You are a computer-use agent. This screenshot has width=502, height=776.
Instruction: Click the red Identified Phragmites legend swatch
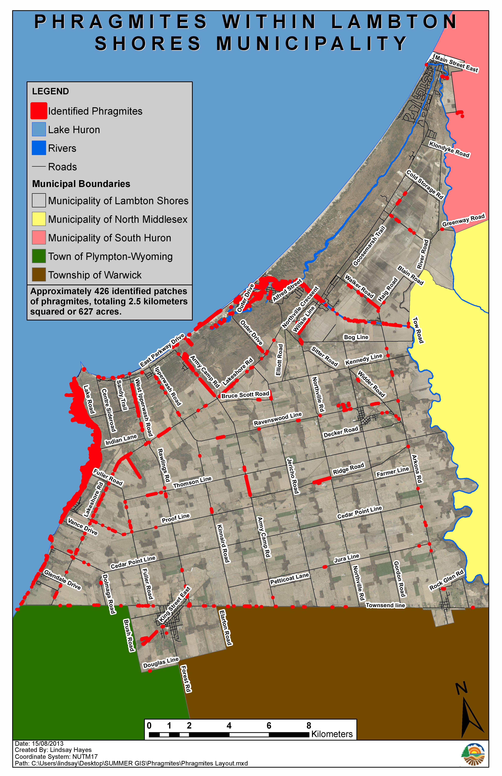pyautogui.click(x=38, y=111)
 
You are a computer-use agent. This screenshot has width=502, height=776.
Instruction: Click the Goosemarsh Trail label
pyautogui.click(x=369, y=246)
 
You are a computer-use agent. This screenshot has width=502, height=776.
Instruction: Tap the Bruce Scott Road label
pyautogui.click(x=245, y=395)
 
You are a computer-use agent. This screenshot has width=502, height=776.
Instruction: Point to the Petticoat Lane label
pyautogui.click(x=289, y=579)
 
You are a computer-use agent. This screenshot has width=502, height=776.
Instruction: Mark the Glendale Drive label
pyautogui.click(x=62, y=579)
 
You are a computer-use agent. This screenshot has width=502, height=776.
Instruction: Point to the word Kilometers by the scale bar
pyautogui.click(x=332, y=734)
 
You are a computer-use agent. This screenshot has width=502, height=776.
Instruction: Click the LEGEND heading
pyautogui.click(x=51, y=91)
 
